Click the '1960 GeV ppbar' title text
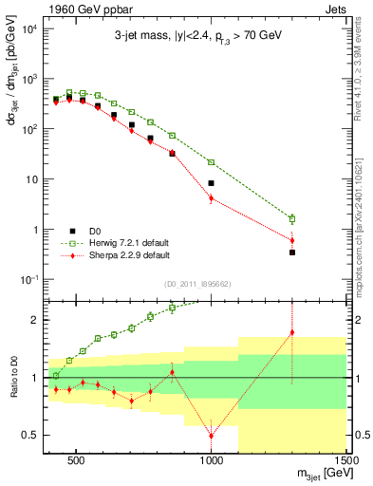tap(77, 9)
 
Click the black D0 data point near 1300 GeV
tap(292, 252)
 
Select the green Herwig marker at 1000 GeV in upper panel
tap(212, 162)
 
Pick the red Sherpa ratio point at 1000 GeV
tap(212, 435)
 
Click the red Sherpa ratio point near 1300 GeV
tap(292, 332)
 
